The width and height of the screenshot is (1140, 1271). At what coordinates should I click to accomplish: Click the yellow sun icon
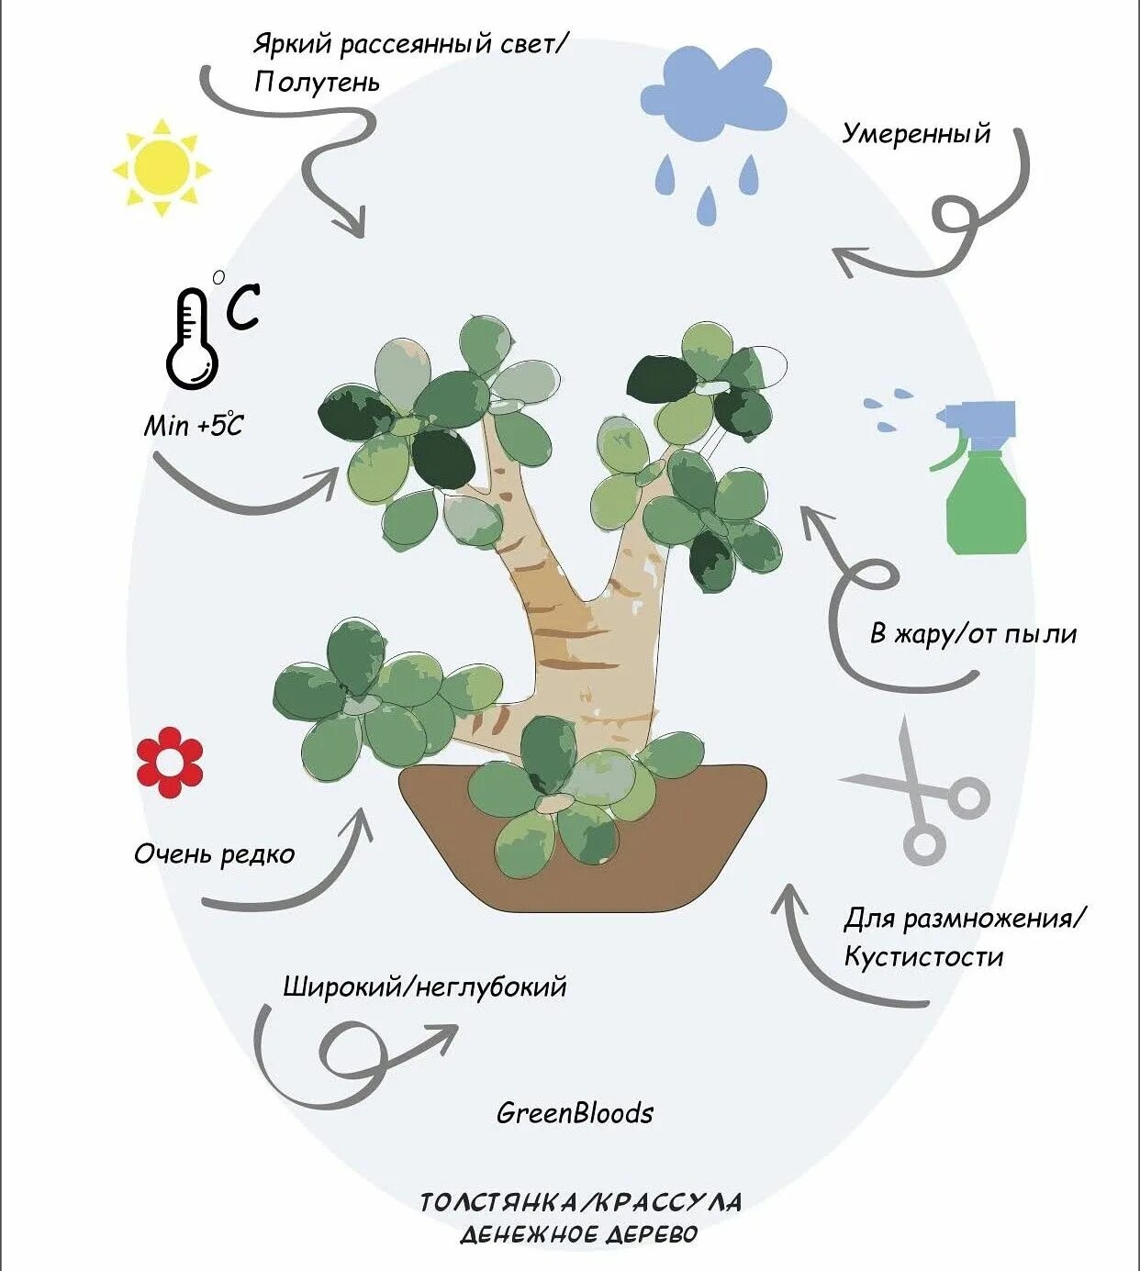162,167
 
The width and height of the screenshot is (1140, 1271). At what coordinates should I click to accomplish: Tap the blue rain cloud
713,92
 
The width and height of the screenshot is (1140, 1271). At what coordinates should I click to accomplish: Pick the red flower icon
170,762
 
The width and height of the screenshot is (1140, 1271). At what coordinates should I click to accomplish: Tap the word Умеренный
916,134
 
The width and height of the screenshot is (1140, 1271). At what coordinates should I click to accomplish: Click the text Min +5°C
194,425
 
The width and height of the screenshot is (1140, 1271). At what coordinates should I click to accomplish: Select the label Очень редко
214,854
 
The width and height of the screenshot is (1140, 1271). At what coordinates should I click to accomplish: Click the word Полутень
317,83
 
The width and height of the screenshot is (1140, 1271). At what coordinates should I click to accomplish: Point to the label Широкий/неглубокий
424,987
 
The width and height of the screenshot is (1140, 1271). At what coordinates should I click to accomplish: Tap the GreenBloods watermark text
575,1113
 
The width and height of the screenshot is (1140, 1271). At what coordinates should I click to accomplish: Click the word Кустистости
923,957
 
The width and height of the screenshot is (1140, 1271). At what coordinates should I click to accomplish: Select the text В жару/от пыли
973,634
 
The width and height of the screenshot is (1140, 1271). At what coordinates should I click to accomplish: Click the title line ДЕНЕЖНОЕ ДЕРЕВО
579,1234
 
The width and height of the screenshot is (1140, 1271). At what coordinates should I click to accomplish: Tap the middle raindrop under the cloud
706,205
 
